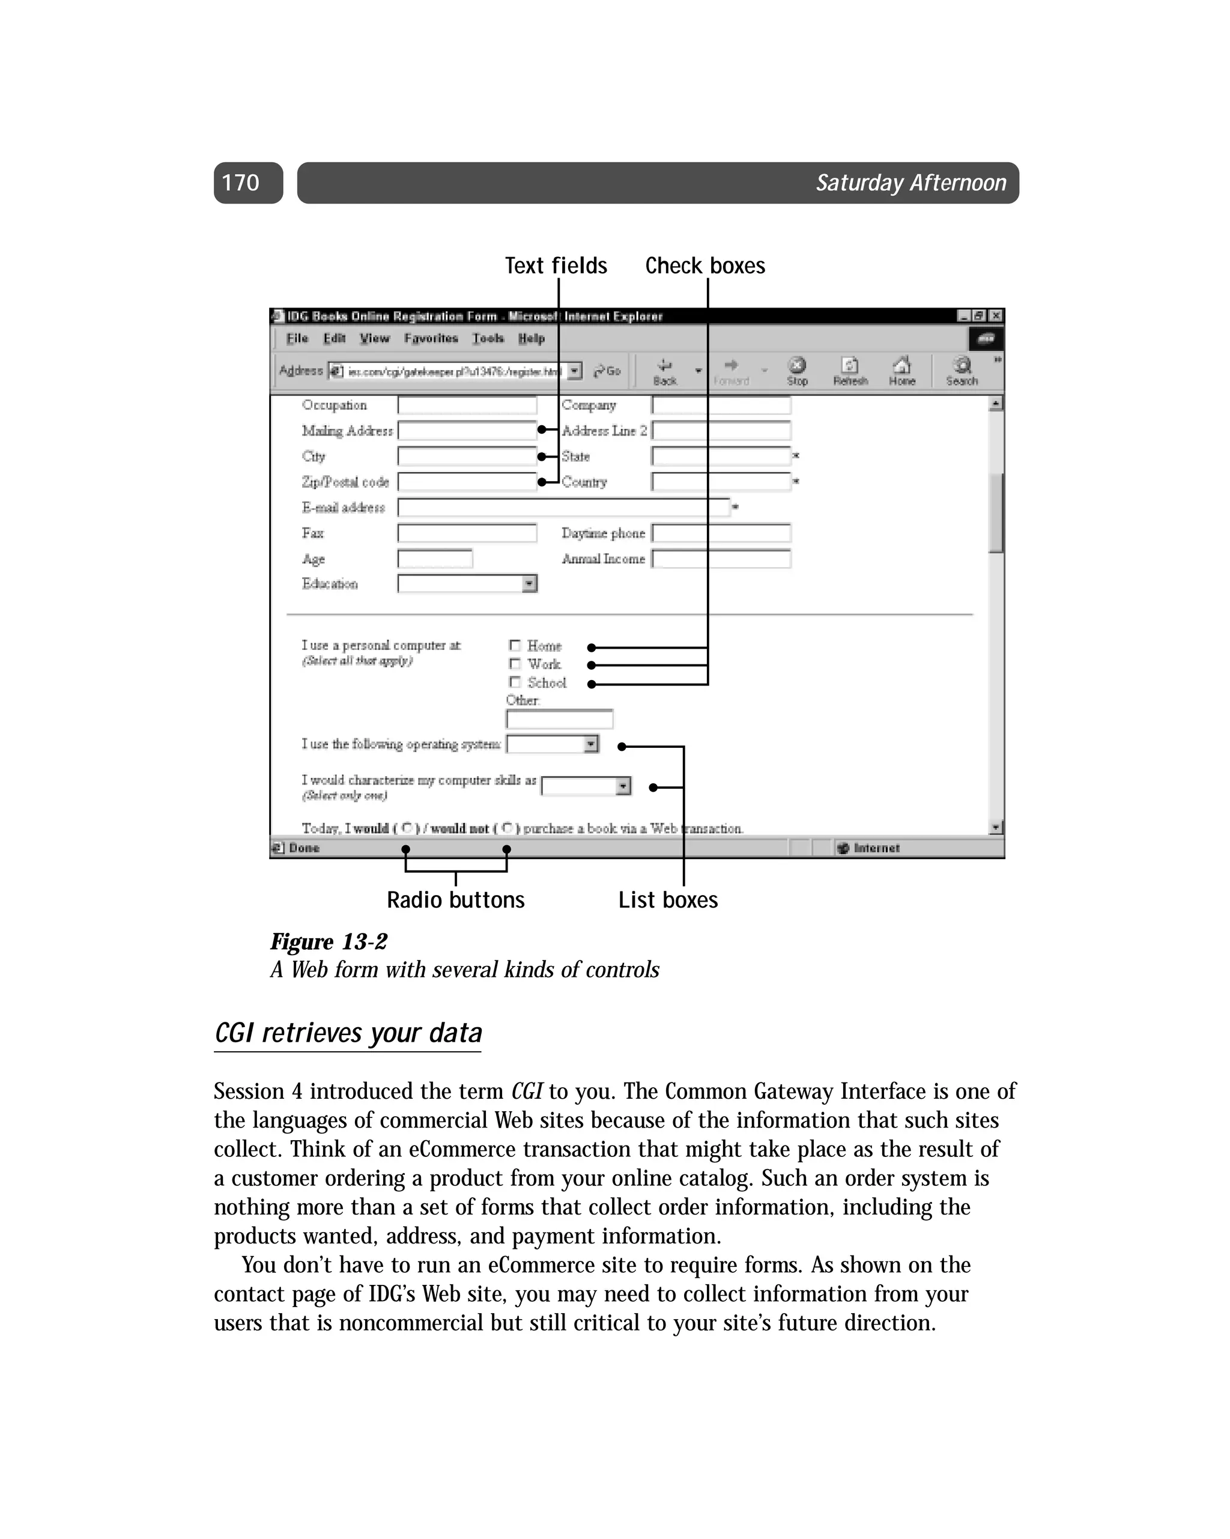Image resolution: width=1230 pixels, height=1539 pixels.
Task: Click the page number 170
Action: [241, 183]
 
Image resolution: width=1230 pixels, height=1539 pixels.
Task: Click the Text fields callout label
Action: [556, 266]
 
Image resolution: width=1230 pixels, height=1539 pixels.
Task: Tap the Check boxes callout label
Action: [704, 266]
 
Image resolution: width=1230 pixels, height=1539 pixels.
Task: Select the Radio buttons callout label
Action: [455, 899]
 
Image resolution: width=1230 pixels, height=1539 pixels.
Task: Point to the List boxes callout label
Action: [667, 899]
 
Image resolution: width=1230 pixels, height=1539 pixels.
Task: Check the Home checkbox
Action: [515, 645]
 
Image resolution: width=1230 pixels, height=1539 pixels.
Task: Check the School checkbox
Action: [515, 682]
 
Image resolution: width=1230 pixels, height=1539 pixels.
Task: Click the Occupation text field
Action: [467, 405]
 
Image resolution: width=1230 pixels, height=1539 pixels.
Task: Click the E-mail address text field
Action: [564, 508]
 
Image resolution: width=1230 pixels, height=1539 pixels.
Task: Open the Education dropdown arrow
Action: [529, 584]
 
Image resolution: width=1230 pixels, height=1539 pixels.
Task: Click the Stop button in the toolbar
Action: [797, 371]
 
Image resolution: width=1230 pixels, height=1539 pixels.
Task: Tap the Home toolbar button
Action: [901, 371]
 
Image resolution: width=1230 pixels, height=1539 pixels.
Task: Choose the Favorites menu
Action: [431, 338]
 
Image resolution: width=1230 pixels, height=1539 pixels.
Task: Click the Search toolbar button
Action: [962, 371]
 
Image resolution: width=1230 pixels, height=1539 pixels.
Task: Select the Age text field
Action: [435, 559]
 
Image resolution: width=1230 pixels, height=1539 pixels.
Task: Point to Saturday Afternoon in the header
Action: [911, 183]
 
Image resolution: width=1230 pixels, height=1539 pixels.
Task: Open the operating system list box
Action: [590, 744]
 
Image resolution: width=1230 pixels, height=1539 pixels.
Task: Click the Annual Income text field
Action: [721, 559]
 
